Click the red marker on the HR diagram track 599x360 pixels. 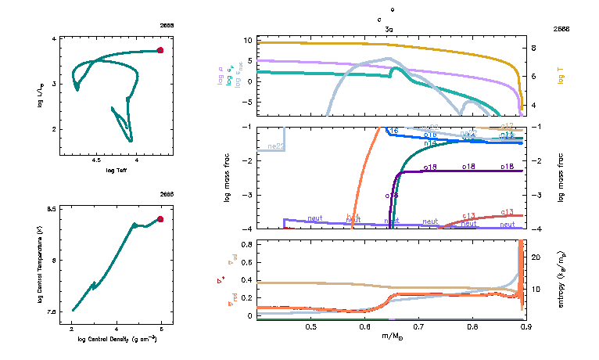[160, 50]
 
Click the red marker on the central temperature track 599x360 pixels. [160, 219]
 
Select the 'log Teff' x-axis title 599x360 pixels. [117, 171]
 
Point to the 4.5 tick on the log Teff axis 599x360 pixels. [97, 160]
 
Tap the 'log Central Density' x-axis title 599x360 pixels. [117, 340]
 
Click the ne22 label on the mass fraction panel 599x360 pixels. [275, 146]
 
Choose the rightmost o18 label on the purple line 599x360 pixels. [507, 167]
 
